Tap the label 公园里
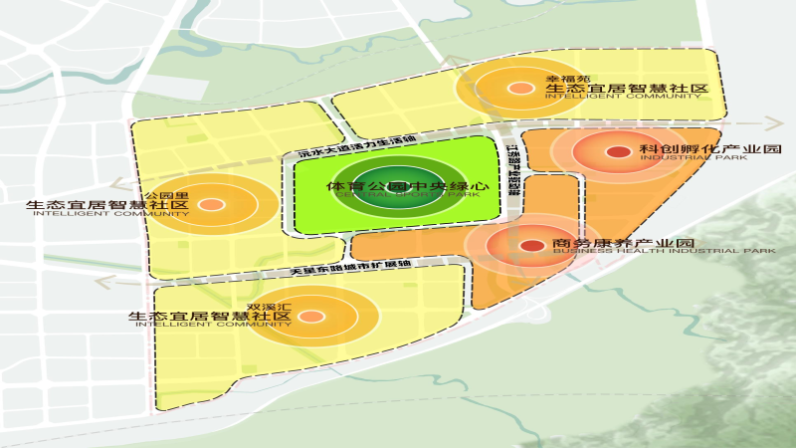coord(160,194)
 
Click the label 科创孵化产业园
coord(710,148)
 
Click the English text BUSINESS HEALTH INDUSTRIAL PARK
coord(664,251)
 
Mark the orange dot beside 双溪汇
coord(310,317)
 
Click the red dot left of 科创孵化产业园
coord(618,151)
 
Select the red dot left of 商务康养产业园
coord(532,245)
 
